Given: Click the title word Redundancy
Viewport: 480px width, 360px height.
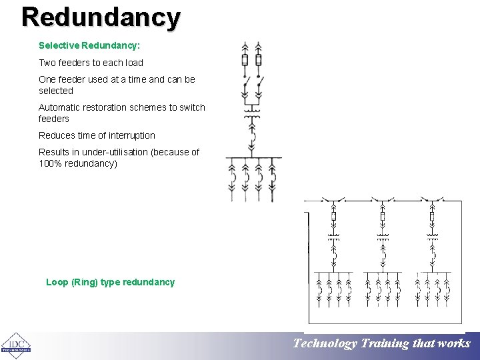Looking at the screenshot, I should tap(101, 17).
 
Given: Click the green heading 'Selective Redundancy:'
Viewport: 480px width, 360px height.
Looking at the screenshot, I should tap(89, 46).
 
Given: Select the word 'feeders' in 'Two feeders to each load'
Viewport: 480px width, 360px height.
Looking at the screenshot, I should tap(75, 63).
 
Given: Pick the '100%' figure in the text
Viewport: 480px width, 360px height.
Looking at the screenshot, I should tap(50, 163).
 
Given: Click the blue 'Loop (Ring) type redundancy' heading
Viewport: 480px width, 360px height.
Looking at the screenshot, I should tap(110, 282).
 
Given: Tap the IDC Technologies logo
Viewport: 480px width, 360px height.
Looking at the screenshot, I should tap(16, 345).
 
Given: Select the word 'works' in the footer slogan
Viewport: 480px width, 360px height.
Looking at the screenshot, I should tap(454, 344).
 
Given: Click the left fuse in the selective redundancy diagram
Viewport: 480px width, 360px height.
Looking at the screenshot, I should tap(245, 60).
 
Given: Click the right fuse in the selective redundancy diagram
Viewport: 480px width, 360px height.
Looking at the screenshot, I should tap(259, 60).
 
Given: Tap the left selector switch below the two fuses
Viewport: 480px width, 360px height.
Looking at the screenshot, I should tap(246, 86).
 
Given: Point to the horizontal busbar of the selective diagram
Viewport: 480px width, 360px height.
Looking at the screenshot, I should tap(253, 157).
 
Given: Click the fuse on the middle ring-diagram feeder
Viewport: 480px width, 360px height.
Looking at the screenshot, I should tap(383, 216).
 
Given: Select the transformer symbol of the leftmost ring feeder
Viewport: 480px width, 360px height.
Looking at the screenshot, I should tap(334, 236).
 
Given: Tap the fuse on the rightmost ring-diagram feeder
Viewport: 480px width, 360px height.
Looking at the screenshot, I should tap(432, 216).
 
